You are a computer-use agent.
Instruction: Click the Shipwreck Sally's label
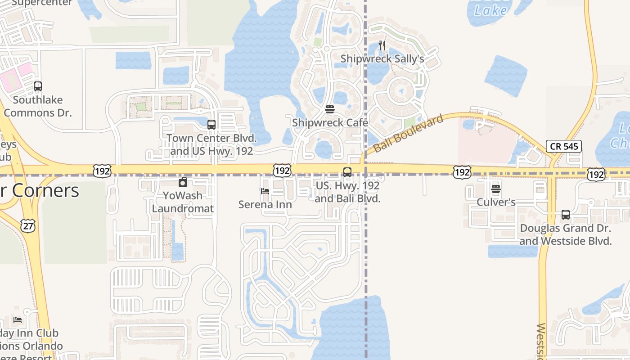coord(382,59)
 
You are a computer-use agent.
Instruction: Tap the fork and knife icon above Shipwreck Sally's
coord(382,45)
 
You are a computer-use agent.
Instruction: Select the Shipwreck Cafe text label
coord(330,123)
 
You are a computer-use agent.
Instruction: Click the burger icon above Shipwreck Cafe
coord(330,109)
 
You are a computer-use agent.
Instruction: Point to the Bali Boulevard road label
coord(408,133)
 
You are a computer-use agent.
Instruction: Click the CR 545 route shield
coord(564,146)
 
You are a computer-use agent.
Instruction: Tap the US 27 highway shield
coord(28,226)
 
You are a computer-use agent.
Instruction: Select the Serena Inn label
coord(265,204)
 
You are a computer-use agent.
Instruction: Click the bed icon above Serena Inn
coord(265,191)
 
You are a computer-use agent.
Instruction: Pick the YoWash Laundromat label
coord(183,202)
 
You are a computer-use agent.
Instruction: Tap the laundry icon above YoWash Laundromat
coord(183,183)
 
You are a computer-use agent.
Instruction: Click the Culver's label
coord(496,202)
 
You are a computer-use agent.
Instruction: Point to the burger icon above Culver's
coord(496,189)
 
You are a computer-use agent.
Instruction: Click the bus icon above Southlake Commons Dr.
coord(38,86)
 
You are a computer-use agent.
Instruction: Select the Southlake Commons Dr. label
coord(38,106)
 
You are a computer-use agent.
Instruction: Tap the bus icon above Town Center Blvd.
coord(211,125)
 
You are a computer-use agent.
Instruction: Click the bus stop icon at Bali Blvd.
coord(347,172)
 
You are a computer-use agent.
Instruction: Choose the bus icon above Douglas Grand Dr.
coord(566,215)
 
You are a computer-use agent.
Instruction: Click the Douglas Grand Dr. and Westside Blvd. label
coord(566,234)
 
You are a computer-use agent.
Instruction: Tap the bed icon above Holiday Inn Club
coord(18,320)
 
